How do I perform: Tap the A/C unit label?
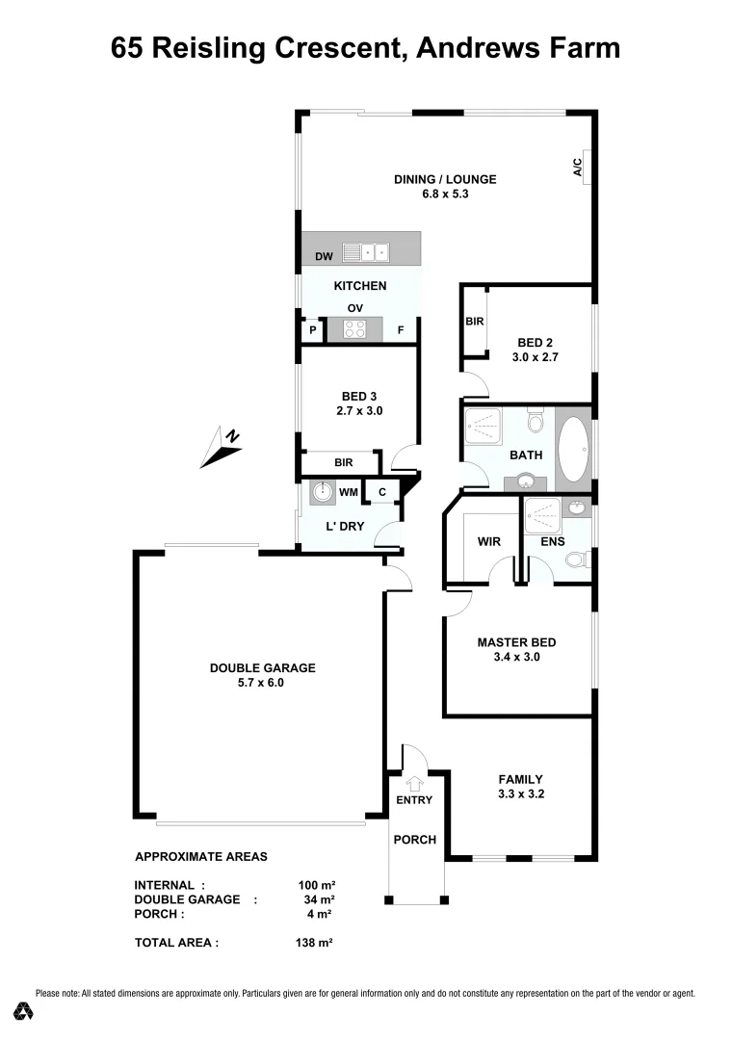tap(578, 168)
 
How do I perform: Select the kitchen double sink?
tap(366, 252)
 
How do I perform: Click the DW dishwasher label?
tap(325, 257)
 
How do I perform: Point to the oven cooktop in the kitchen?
tap(353, 330)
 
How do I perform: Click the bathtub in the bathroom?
tap(574, 449)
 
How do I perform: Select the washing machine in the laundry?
tap(322, 493)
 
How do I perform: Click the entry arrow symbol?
tap(414, 783)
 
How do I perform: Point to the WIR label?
tap(489, 541)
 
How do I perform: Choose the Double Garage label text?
tap(263, 668)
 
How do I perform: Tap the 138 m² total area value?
tap(314, 944)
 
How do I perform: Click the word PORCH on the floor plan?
tap(415, 840)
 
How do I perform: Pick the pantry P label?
tap(313, 331)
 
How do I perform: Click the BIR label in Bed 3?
tap(344, 463)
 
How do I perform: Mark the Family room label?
tap(520, 779)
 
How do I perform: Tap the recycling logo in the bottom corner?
tap(24, 1011)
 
